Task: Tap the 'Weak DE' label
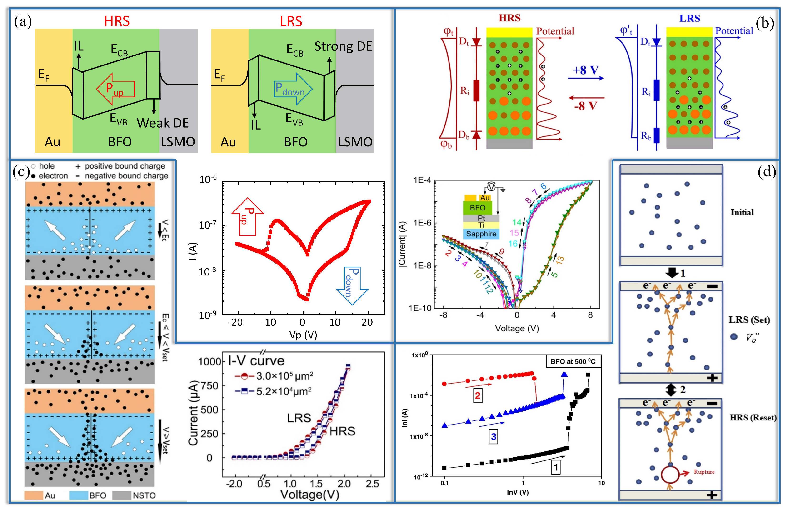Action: click(163, 123)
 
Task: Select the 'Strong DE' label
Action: click(343, 46)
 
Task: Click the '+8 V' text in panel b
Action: click(585, 70)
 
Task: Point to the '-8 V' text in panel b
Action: click(585, 106)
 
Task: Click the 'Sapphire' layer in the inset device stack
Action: click(481, 234)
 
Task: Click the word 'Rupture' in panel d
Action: click(704, 472)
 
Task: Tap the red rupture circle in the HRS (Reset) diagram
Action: click(670, 474)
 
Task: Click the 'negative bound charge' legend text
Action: click(126, 176)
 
